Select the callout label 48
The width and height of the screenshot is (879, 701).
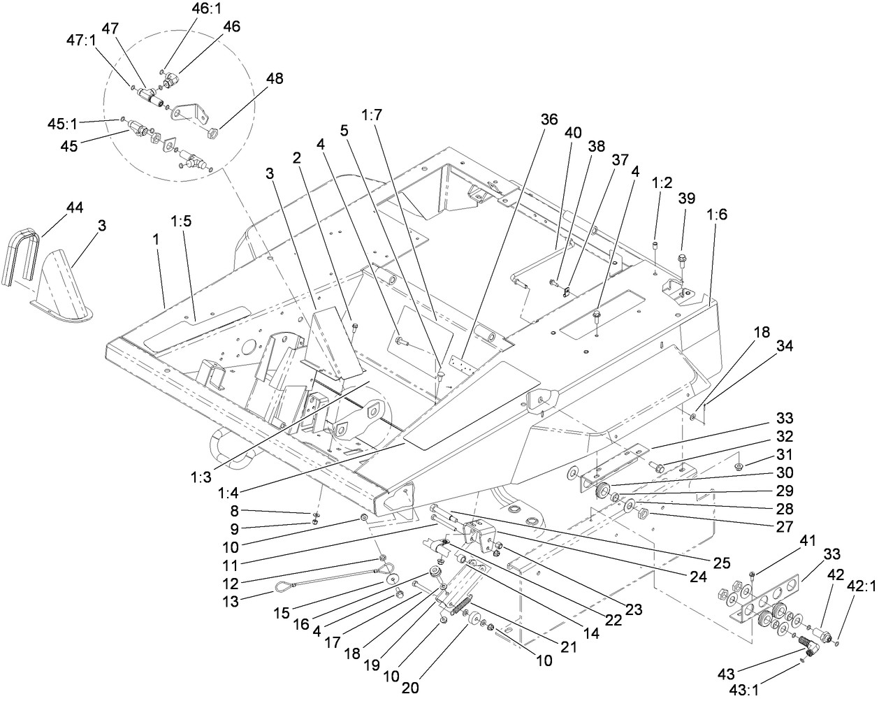pyautogui.click(x=275, y=79)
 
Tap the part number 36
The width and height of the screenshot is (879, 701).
pyautogui.click(x=549, y=119)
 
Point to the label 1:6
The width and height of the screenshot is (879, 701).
pyautogui.click(x=718, y=215)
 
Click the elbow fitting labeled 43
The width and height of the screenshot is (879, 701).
pyautogui.click(x=811, y=648)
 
